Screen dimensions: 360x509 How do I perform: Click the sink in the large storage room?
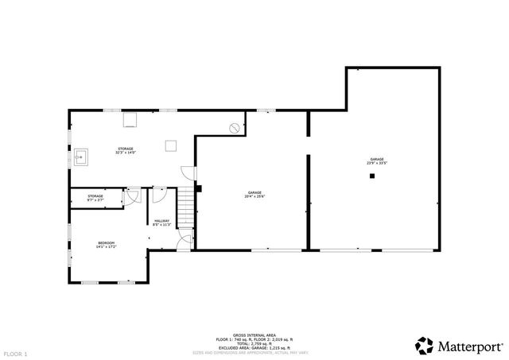pos(81,157)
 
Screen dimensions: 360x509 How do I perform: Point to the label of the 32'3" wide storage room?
pos(126,150)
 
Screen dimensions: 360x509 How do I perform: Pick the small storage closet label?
pos(95,198)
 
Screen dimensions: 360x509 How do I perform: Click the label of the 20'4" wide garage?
pos(254,194)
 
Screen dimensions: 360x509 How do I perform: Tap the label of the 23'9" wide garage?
pos(377,161)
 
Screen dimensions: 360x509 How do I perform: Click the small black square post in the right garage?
pos(371,176)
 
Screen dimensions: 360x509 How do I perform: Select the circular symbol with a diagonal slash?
pos(234,127)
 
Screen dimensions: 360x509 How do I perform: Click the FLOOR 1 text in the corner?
pos(16,352)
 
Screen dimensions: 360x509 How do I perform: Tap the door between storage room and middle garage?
pos(188,172)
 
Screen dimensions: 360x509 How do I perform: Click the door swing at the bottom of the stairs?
pos(184,242)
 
